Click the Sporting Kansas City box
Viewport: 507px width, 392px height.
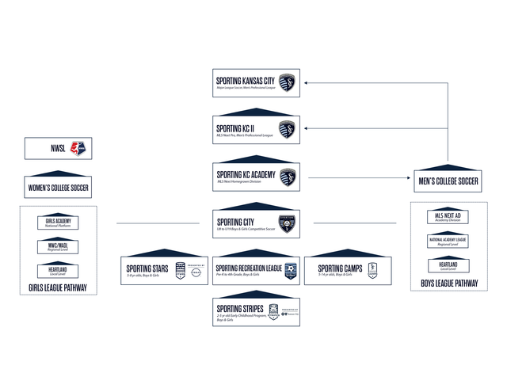pos(257,82)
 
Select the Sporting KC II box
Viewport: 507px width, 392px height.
pos(257,129)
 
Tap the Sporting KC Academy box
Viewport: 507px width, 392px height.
pos(257,177)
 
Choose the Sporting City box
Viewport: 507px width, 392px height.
pos(257,224)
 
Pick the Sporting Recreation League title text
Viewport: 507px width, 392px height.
pos(249,268)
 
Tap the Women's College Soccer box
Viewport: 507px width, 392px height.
pos(58,188)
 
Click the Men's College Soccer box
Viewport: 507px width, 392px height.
pos(448,180)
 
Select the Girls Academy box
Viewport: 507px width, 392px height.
pos(58,223)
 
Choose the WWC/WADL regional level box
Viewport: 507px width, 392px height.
pos(58,247)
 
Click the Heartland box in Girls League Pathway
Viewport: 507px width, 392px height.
pos(58,271)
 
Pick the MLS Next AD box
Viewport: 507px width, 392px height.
pos(448,217)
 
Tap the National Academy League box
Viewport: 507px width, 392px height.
pos(448,241)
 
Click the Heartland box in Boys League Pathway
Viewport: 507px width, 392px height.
pos(448,265)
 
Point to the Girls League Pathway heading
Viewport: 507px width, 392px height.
pos(58,289)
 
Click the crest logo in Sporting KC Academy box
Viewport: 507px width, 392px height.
pos(288,177)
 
